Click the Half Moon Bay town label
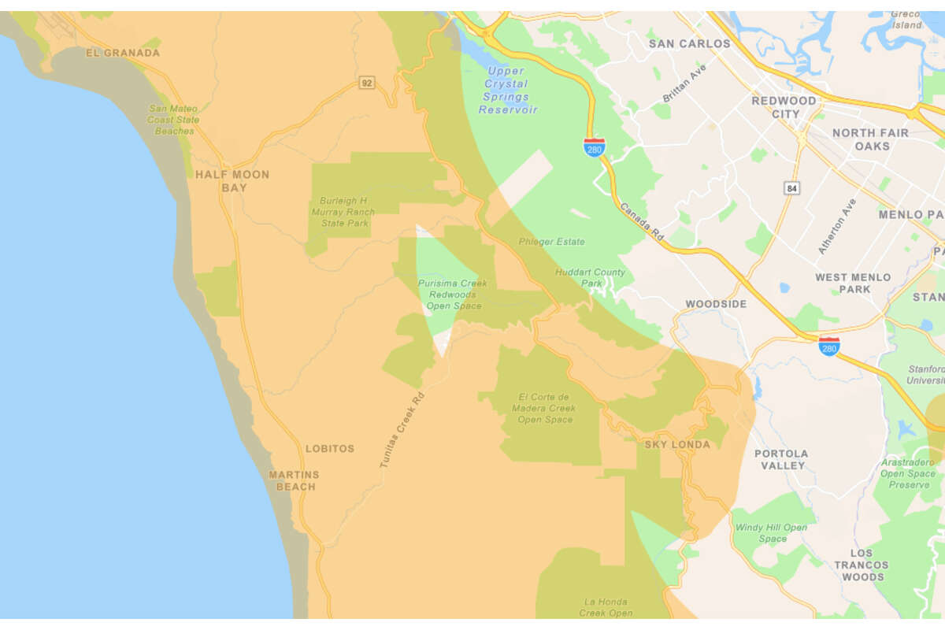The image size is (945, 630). [x=232, y=181]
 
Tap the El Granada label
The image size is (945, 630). [x=122, y=53]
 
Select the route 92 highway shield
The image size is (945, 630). [x=366, y=83]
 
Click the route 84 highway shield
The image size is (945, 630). [x=791, y=187]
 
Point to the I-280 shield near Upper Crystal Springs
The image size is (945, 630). [x=594, y=147]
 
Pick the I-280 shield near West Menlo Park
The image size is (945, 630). [x=828, y=346]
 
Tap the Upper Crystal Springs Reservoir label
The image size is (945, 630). [x=508, y=91]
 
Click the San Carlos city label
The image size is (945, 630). [x=689, y=44]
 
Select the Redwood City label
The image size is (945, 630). [x=784, y=107]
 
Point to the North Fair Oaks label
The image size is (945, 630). [x=870, y=139]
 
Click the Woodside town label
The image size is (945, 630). [x=715, y=304]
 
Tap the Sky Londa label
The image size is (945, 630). [x=677, y=444]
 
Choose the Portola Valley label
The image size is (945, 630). [x=781, y=459]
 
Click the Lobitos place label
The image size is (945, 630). [x=330, y=449]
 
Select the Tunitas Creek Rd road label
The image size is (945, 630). [x=402, y=430]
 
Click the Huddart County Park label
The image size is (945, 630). [x=590, y=278]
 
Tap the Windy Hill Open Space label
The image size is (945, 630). [x=771, y=533]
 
